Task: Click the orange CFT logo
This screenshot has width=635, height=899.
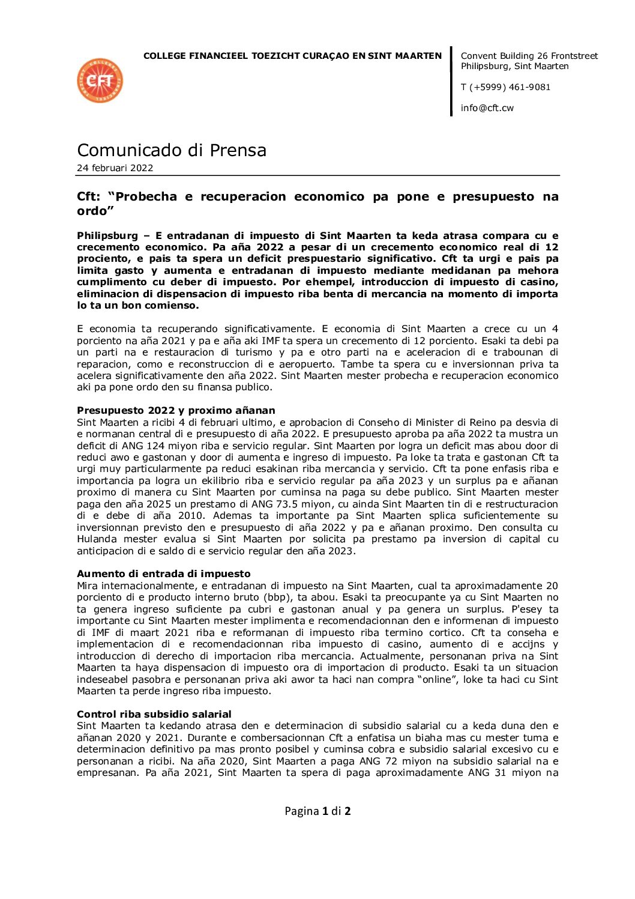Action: coord(100,80)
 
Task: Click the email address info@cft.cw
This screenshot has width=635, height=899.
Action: coord(487,108)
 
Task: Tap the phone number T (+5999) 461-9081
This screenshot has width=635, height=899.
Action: coord(505,87)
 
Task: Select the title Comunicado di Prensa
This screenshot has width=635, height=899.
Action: coord(172,150)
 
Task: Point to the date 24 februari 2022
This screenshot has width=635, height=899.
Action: coord(115,168)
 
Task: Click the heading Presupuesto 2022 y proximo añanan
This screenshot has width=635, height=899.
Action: coord(176,411)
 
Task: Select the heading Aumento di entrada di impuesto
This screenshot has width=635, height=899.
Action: coord(163,574)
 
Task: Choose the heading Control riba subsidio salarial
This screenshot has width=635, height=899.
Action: coord(154,714)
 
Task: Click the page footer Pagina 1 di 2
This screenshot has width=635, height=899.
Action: coord(317,811)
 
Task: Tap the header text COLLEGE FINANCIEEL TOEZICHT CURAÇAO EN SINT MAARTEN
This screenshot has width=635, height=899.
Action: coord(292,56)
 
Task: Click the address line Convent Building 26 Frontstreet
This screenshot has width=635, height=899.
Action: coord(529,56)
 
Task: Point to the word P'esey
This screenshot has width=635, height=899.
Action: coord(526,609)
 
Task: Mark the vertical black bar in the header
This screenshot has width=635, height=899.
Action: coord(451,81)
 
